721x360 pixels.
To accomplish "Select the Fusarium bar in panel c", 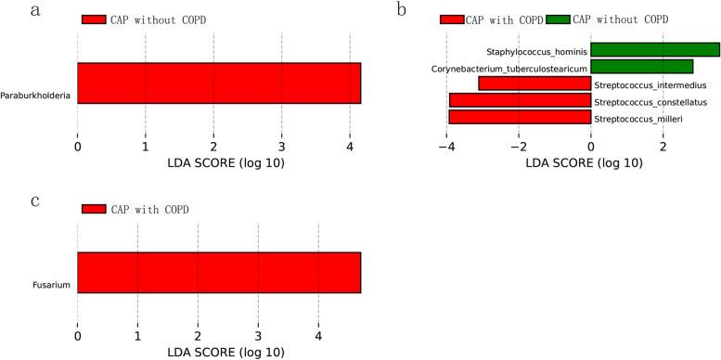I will click(218, 273).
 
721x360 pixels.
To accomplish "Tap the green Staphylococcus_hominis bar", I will click(654, 49).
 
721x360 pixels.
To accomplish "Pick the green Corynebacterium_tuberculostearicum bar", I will click(641, 66).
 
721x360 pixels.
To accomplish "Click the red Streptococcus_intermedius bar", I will click(534, 84).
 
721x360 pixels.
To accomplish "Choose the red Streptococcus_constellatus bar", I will click(520, 100).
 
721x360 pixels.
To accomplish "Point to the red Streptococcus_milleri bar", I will click(520, 117).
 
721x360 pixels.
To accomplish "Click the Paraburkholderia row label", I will click(37, 95).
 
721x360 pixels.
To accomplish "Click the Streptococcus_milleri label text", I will click(631, 119).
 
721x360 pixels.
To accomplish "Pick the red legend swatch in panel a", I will click(94, 19).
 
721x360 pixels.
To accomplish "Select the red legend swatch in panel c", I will click(94, 209).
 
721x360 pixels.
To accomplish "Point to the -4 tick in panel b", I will click(446, 146).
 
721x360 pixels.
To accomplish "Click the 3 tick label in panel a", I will click(281, 146).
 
